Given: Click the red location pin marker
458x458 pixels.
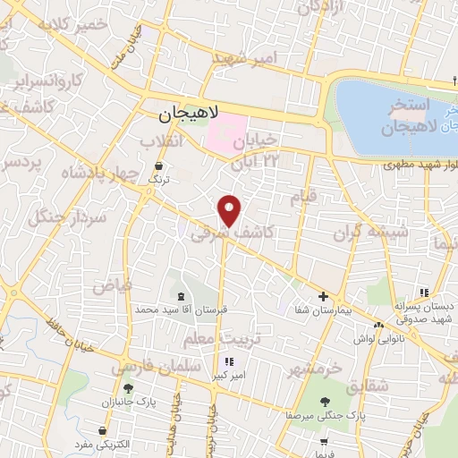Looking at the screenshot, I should (x=231, y=209).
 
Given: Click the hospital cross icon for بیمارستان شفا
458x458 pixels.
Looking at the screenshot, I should (x=324, y=296).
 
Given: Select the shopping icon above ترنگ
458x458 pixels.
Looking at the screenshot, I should (x=158, y=165).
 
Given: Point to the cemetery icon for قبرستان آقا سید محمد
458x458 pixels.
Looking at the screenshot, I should (x=182, y=296).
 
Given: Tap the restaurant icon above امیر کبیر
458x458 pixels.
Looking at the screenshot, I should (x=229, y=362).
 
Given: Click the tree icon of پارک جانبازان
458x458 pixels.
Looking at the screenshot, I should (x=128, y=388).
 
